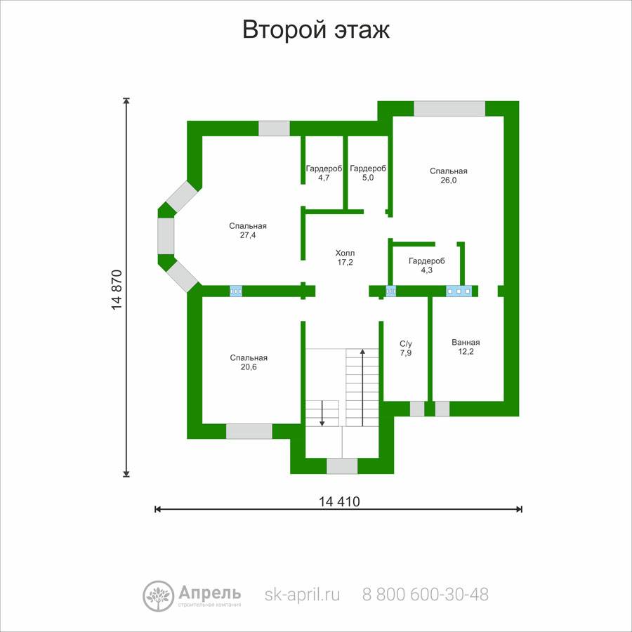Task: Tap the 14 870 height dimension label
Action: coord(117,289)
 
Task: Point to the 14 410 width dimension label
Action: coord(339,501)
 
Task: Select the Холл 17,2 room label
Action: coord(345,258)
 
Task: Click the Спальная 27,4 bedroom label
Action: coord(248,230)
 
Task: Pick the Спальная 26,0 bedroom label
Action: coord(449,176)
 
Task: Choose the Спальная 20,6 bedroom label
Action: coord(249,362)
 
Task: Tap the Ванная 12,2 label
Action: coord(466,347)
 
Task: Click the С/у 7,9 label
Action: coord(406,348)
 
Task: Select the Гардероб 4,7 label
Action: coord(324,173)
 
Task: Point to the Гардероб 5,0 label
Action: coord(368,173)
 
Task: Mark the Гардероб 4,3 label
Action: coord(427,265)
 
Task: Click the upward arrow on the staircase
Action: coord(363,388)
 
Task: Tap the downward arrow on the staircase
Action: coord(322,413)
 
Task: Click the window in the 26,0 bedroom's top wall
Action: coord(449,108)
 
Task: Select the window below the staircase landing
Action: coord(342,466)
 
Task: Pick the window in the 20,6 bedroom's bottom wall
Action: coord(249,431)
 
